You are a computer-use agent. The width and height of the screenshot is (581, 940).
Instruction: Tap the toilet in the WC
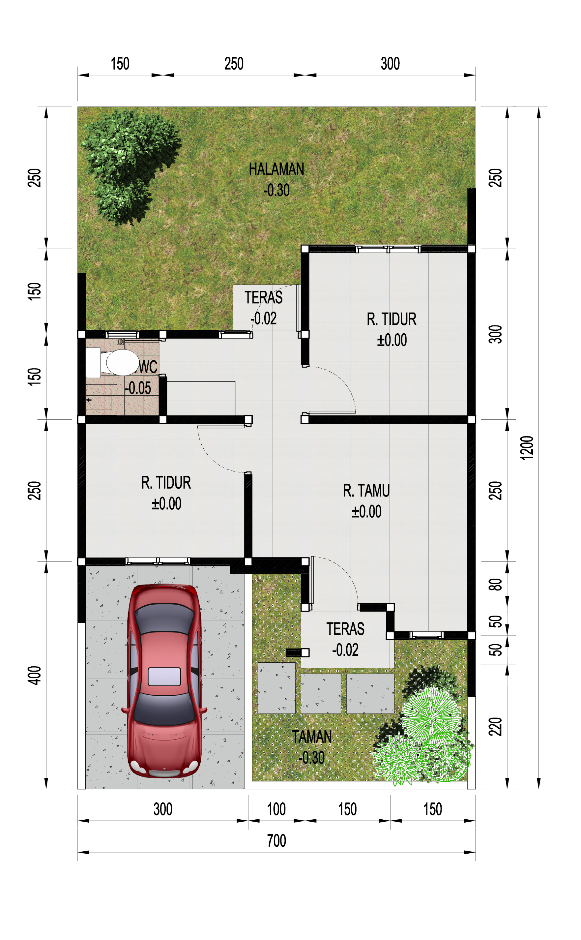(115, 362)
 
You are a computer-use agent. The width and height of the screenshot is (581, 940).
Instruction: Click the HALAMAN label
(276, 169)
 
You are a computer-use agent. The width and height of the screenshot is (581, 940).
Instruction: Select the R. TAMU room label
(366, 491)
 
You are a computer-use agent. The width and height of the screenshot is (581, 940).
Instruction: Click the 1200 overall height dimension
(527, 447)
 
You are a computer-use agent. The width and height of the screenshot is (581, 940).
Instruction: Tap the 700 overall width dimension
(276, 841)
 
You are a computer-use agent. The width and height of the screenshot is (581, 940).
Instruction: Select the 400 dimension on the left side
(35, 676)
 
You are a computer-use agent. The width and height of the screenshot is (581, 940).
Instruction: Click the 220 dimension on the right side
(495, 726)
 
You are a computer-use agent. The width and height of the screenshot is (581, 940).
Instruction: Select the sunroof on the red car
(164, 677)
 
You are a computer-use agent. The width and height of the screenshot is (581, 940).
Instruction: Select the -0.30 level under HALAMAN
(276, 190)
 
